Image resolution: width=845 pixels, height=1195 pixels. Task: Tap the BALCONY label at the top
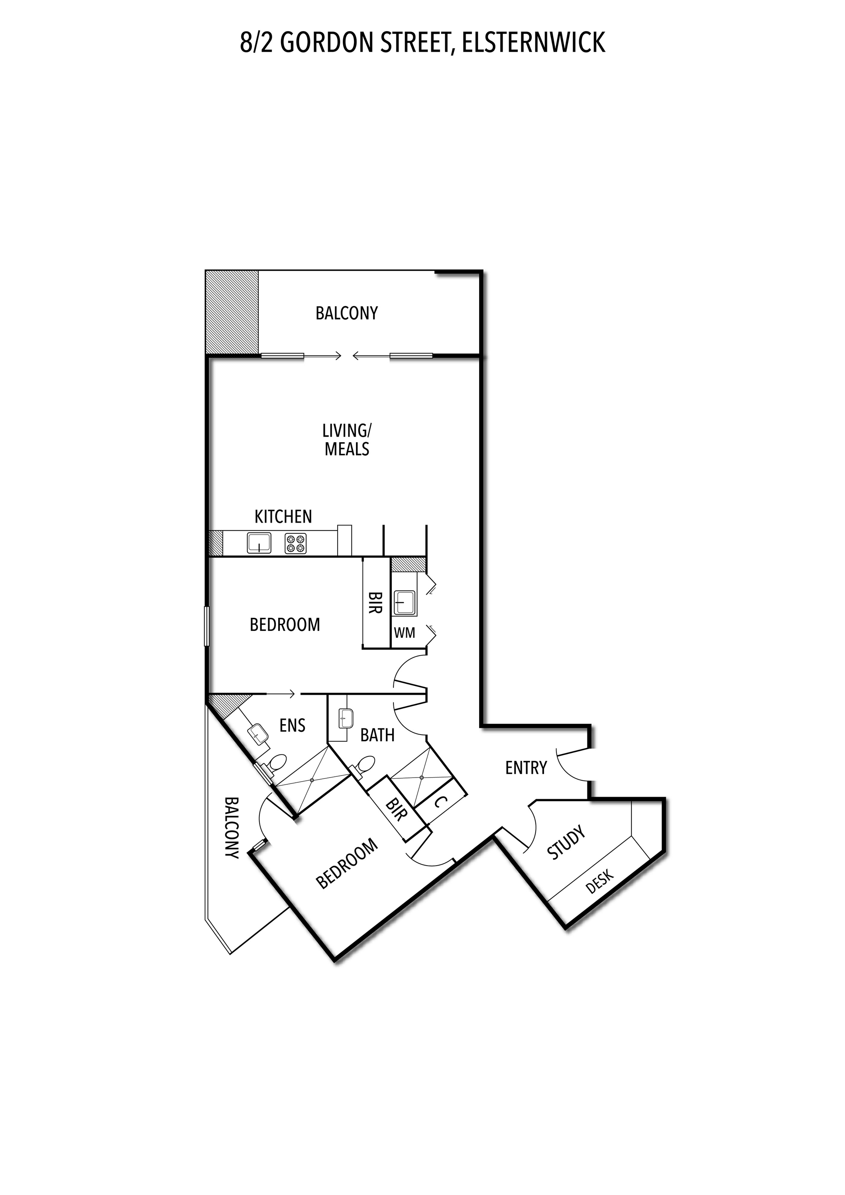pos(347,313)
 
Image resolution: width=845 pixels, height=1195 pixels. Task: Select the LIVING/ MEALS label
pos(347,440)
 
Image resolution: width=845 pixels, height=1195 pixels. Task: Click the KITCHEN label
pos(283,516)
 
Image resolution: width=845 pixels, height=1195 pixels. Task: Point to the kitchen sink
pos(259,543)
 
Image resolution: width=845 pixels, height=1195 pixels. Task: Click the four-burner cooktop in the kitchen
pos(296,543)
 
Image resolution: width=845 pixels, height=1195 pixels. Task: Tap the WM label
pos(405,633)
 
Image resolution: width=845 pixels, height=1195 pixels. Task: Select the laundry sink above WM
pos(405,603)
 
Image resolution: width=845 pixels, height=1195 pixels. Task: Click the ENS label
pos(292,725)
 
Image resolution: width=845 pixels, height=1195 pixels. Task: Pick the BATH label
pos(377,735)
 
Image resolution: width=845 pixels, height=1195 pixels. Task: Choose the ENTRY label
pos(526,768)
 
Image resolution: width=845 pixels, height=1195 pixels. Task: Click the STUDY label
pos(566,842)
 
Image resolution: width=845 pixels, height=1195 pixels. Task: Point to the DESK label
pos(600,881)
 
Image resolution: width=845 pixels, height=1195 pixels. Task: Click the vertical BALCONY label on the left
pos(232,828)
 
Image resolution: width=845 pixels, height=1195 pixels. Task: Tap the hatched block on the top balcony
pos(232,312)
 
